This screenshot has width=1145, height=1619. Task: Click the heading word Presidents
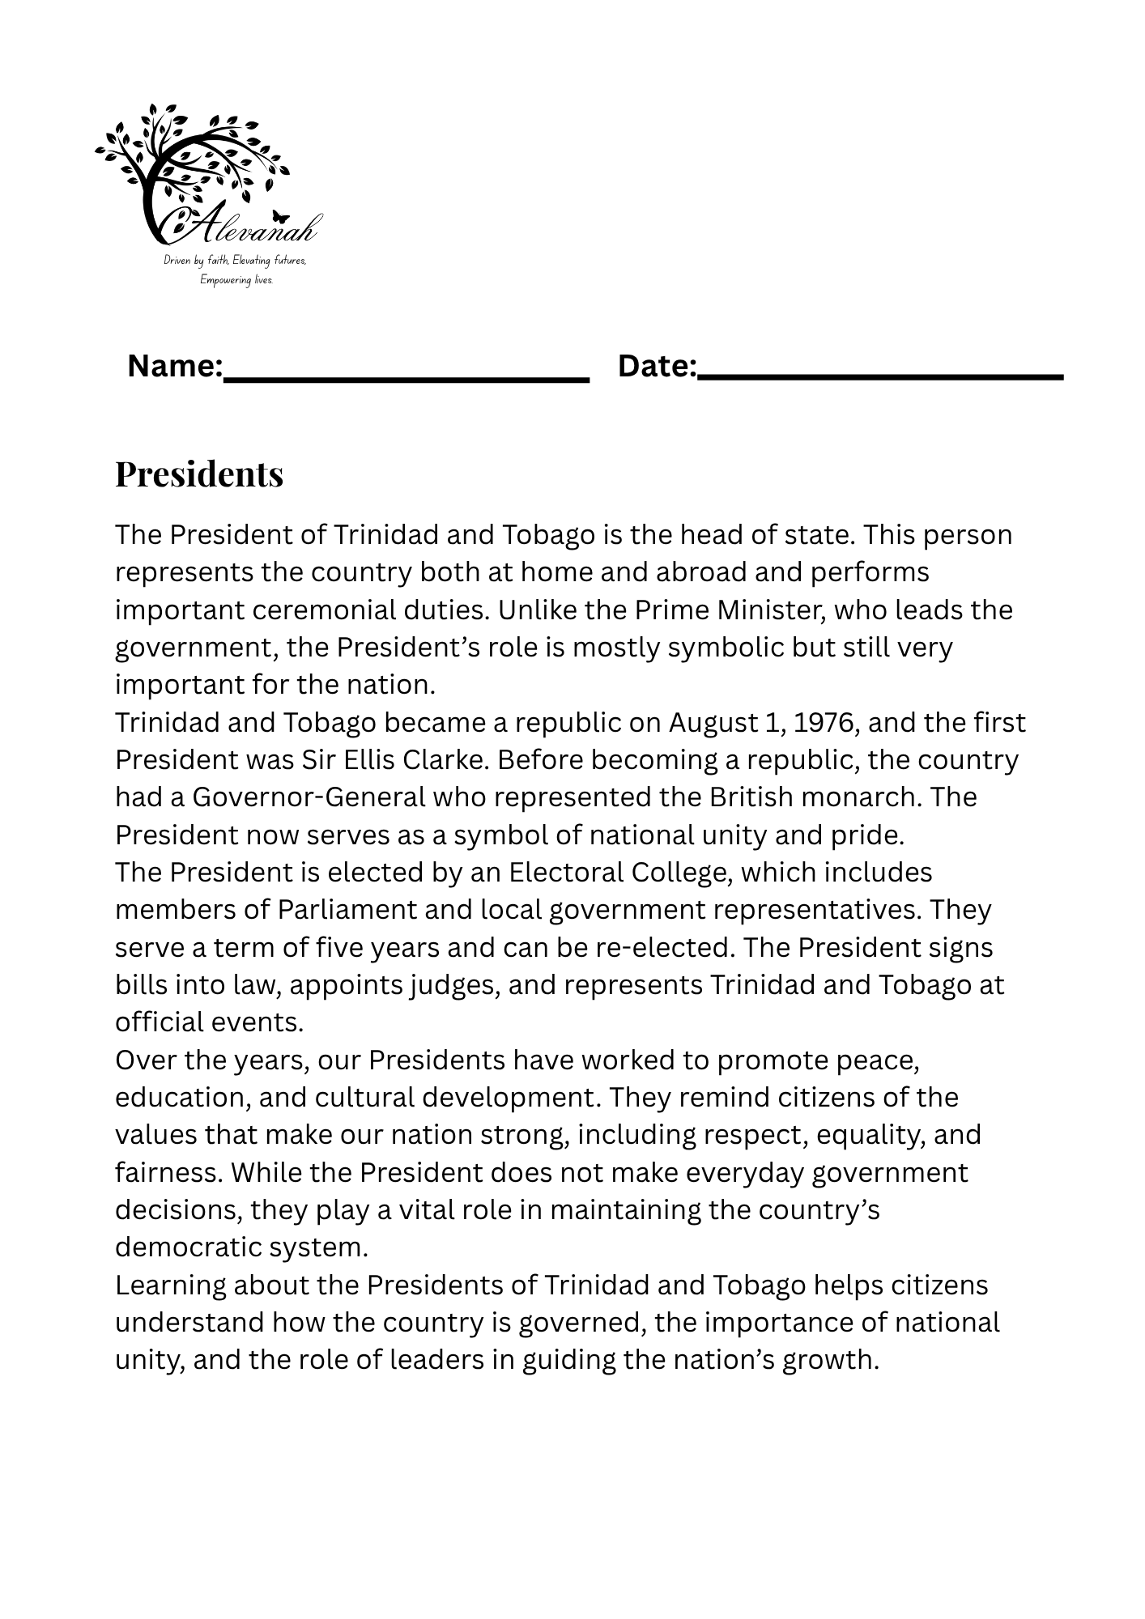199,474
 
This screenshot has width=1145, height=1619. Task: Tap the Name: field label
175,367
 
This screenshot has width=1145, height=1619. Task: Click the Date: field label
657,367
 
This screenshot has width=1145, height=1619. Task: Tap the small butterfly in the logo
281,217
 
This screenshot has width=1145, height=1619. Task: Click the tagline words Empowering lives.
236,280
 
